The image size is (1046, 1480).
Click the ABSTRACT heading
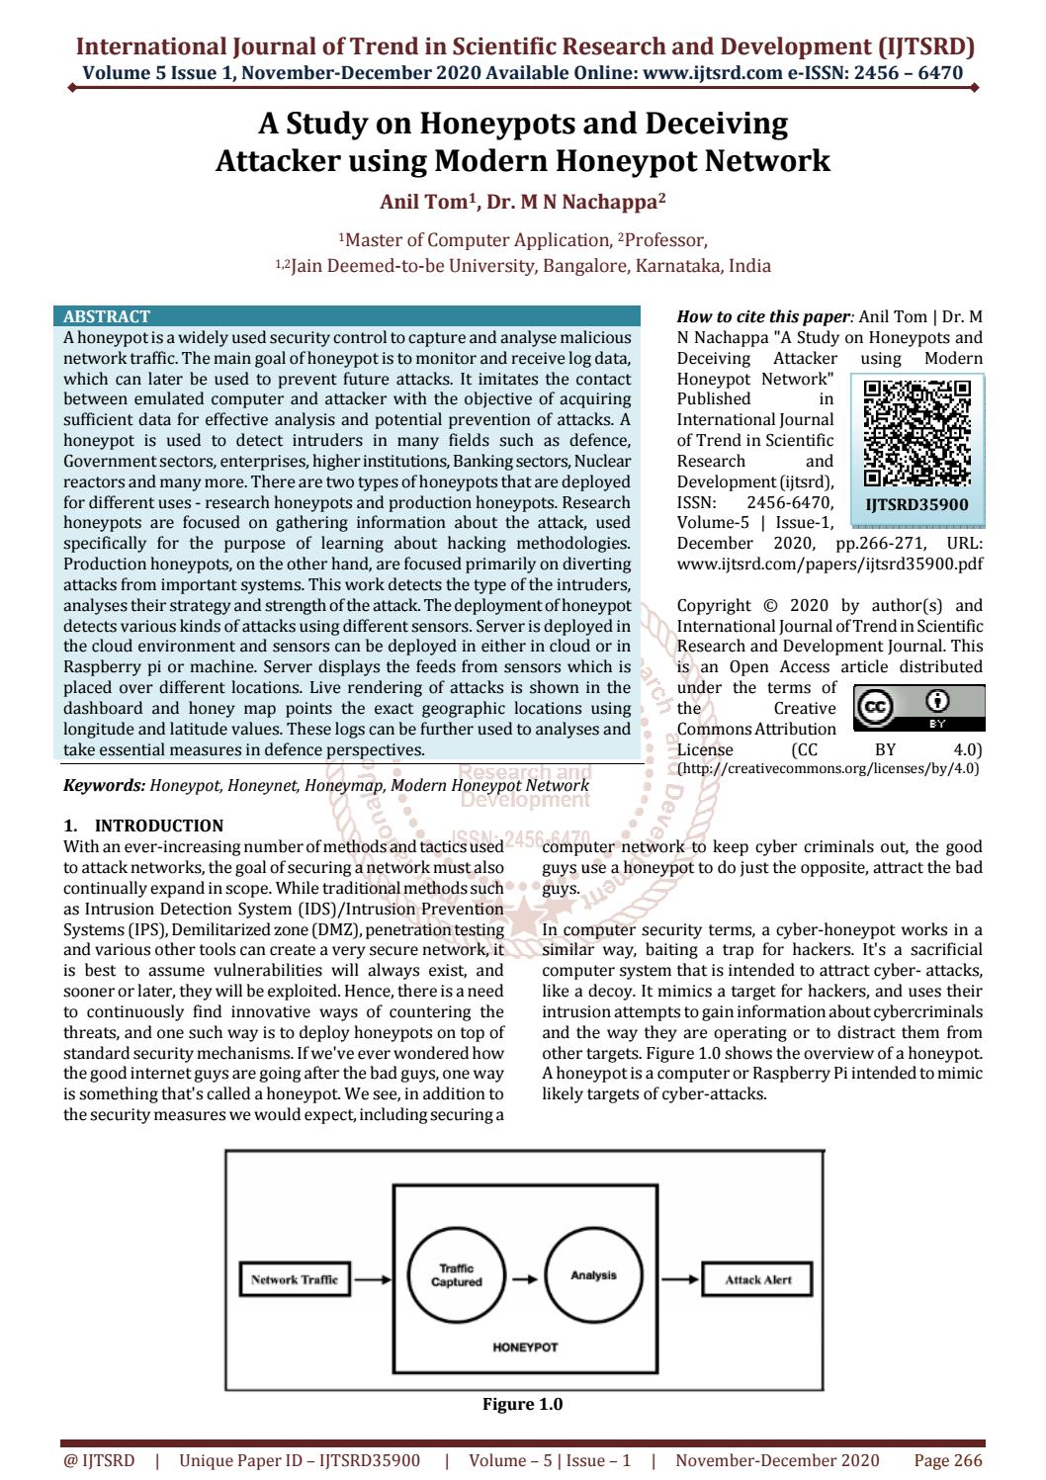coord(107,317)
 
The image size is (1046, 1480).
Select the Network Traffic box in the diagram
coord(294,1279)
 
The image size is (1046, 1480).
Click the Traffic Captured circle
coord(456,1275)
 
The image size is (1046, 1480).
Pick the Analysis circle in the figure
coord(593,1275)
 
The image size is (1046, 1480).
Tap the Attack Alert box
coord(757,1279)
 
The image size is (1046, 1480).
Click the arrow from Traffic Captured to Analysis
coord(524,1278)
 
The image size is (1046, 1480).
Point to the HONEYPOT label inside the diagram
coord(525,1347)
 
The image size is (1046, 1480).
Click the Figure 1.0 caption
coord(522,1404)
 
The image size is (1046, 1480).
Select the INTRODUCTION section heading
coord(158,826)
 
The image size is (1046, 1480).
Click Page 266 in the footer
coord(947,1460)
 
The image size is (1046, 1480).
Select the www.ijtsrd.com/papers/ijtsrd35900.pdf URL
coord(829,564)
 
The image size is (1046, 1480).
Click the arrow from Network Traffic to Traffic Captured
coord(373,1279)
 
